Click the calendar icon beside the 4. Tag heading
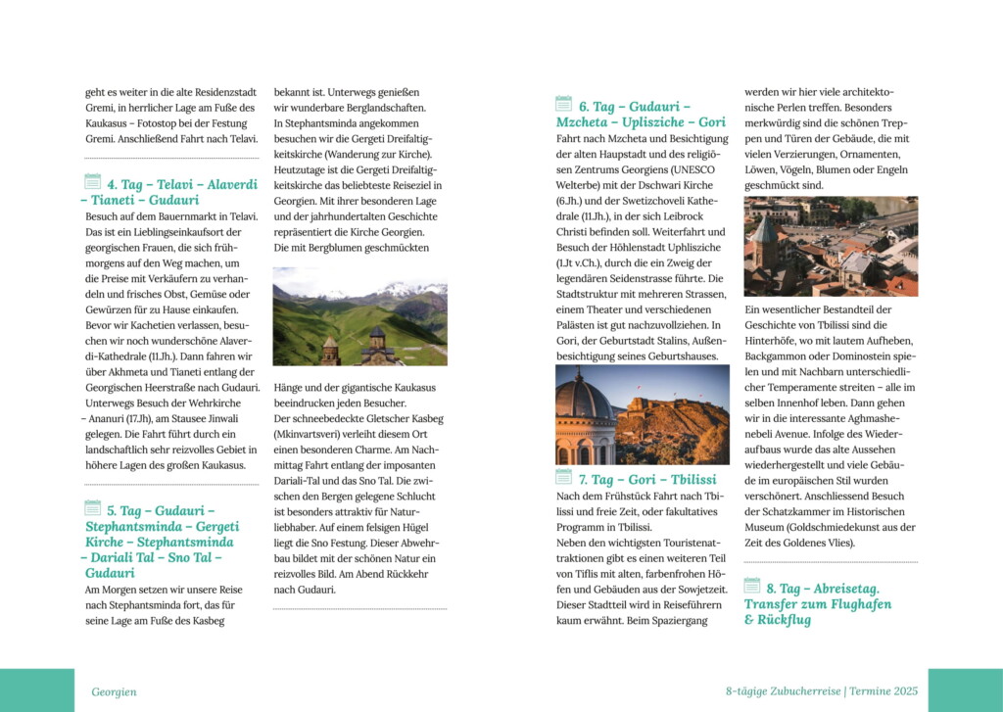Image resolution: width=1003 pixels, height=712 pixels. click(92, 181)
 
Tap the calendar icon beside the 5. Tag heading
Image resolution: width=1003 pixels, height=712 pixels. click(92, 507)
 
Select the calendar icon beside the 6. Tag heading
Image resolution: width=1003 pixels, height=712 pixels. click(563, 104)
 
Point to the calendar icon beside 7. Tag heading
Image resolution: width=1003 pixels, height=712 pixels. click(563, 477)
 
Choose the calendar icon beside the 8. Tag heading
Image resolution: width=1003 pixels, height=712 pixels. click(751, 586)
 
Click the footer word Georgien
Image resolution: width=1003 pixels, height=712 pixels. click(114, 691)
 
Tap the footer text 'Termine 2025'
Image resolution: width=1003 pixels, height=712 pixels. click(884, 691)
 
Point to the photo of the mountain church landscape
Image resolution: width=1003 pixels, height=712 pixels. click(359, 323)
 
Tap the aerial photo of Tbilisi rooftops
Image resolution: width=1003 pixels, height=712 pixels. click(831, 246)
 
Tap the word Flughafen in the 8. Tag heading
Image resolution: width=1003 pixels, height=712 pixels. click(856, 604)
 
